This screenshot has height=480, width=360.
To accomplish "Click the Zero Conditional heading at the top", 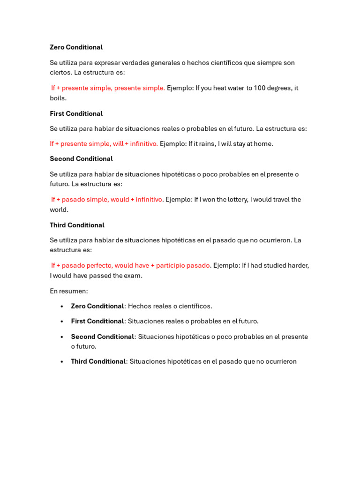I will coord(76,47).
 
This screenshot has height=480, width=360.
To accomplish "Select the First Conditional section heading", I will coord(76,113).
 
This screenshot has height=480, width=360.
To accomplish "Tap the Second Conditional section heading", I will coord(81,159).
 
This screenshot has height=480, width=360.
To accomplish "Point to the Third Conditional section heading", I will coord(77,225).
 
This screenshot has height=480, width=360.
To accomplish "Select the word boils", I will coord(58,98).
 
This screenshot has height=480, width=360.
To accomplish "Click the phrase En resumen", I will coord(68,291).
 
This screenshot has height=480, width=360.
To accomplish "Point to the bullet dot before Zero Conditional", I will coord(62,307).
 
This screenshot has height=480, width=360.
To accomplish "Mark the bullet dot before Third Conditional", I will coord(62,362).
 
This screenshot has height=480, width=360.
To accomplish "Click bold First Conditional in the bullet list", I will coord(97,322).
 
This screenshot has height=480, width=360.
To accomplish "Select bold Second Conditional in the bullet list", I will coord(102,337).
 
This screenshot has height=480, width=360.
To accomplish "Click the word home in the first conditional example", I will coord(264,144).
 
